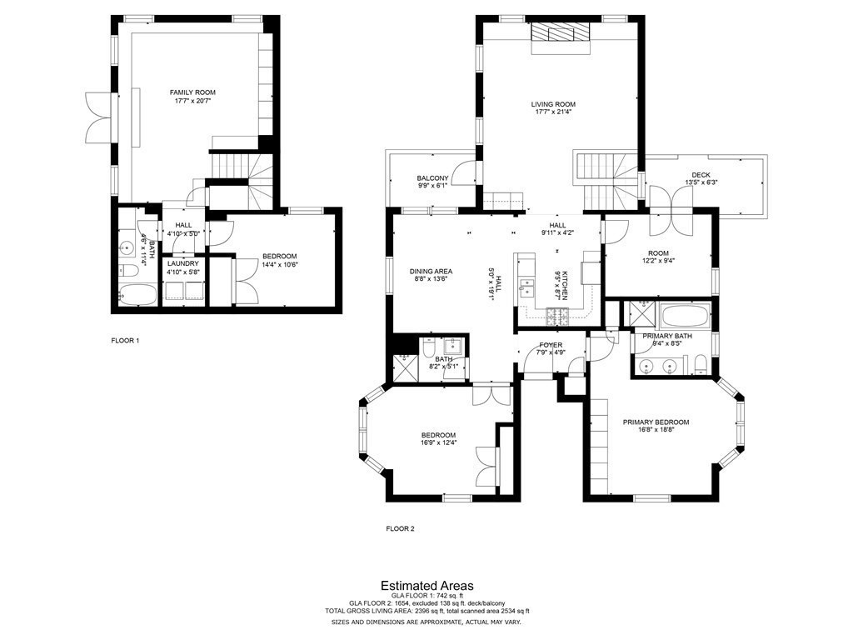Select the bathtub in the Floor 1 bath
(136, 296)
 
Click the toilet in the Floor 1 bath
(128, 271)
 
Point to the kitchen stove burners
(557, 315)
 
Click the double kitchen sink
(527, 288)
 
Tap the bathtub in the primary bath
(685, 317)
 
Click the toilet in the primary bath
(700, 362)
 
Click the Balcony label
(432, 178)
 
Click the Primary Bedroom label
(656, 422)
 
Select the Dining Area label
(431, 271)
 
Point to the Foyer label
(551, 344)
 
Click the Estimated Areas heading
(426, 585)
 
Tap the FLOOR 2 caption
(400, 528)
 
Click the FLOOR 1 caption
(125, 340)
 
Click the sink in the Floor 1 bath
(127, 247)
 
